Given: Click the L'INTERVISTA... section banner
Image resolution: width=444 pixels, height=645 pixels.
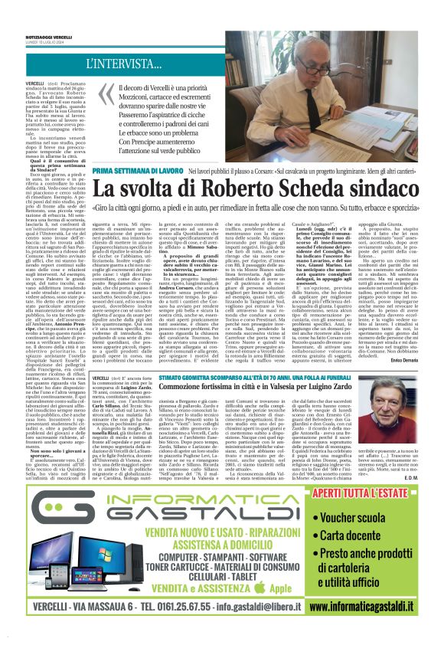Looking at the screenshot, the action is pyautogui.click(x=127, y=64).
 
